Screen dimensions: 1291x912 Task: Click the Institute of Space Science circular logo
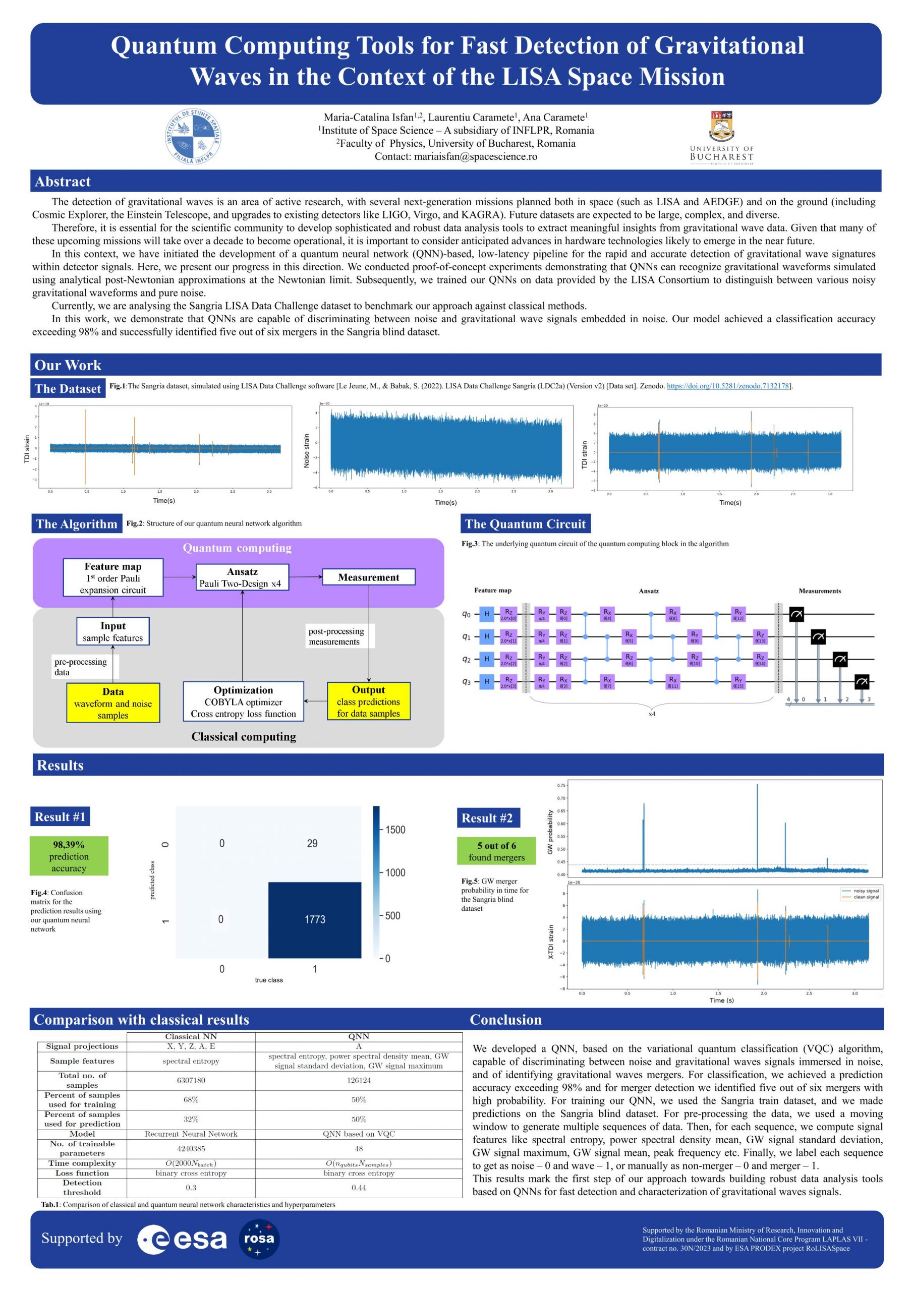[x=192, y=137]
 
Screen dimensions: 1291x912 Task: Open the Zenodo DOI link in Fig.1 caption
[x=727, y=386]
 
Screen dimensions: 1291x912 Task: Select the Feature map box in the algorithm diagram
[x=113, y=577]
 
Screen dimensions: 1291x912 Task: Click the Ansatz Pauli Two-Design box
[x=242, y=577]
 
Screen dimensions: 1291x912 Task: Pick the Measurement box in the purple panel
[x=368, y=577]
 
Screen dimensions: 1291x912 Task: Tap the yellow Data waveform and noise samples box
[x=113, y=703]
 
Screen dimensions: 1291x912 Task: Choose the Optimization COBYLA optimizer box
[x=243, y=701]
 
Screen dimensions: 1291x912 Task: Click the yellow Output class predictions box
[x=368, y=701]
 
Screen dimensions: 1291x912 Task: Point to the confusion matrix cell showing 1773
[x=314, y=919]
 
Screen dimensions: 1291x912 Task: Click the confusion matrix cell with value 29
[x=312, y=843]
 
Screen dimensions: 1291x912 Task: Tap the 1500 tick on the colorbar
[x=395, y=830]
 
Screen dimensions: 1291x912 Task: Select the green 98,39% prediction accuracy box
[x=69, y=856]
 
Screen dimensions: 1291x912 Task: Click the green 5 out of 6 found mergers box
[x=496, y=851]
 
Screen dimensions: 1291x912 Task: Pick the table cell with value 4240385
[x=191, y=1149]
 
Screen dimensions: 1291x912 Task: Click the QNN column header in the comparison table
[x=358, y=1036]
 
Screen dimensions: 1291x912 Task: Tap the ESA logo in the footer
[x=182, y=1239]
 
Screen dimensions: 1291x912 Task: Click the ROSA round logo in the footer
[x=259, y=1239]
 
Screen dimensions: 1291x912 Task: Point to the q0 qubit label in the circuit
[x=466, y=614]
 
